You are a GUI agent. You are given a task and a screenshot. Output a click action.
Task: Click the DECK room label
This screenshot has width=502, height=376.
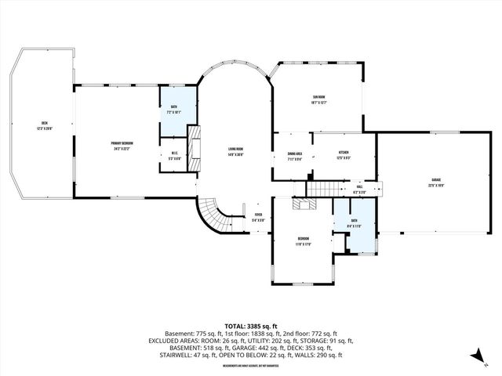[45, 124]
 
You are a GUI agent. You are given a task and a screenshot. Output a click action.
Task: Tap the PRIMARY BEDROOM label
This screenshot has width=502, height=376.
[121, 143]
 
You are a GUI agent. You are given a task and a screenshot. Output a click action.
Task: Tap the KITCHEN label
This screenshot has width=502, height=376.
[344, 153]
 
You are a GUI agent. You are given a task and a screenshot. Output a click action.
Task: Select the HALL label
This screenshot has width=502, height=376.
[359, 186]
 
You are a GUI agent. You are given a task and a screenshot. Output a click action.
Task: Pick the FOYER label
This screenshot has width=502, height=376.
[258, 216]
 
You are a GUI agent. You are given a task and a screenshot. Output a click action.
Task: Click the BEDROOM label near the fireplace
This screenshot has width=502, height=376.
[304, 238]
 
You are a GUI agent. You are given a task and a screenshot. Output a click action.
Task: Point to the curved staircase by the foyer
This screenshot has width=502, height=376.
[212, 215]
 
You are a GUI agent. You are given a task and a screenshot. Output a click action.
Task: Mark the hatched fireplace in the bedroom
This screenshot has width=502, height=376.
[303, 204]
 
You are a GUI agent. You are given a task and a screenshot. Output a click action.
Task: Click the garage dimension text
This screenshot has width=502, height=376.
[435, 186]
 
